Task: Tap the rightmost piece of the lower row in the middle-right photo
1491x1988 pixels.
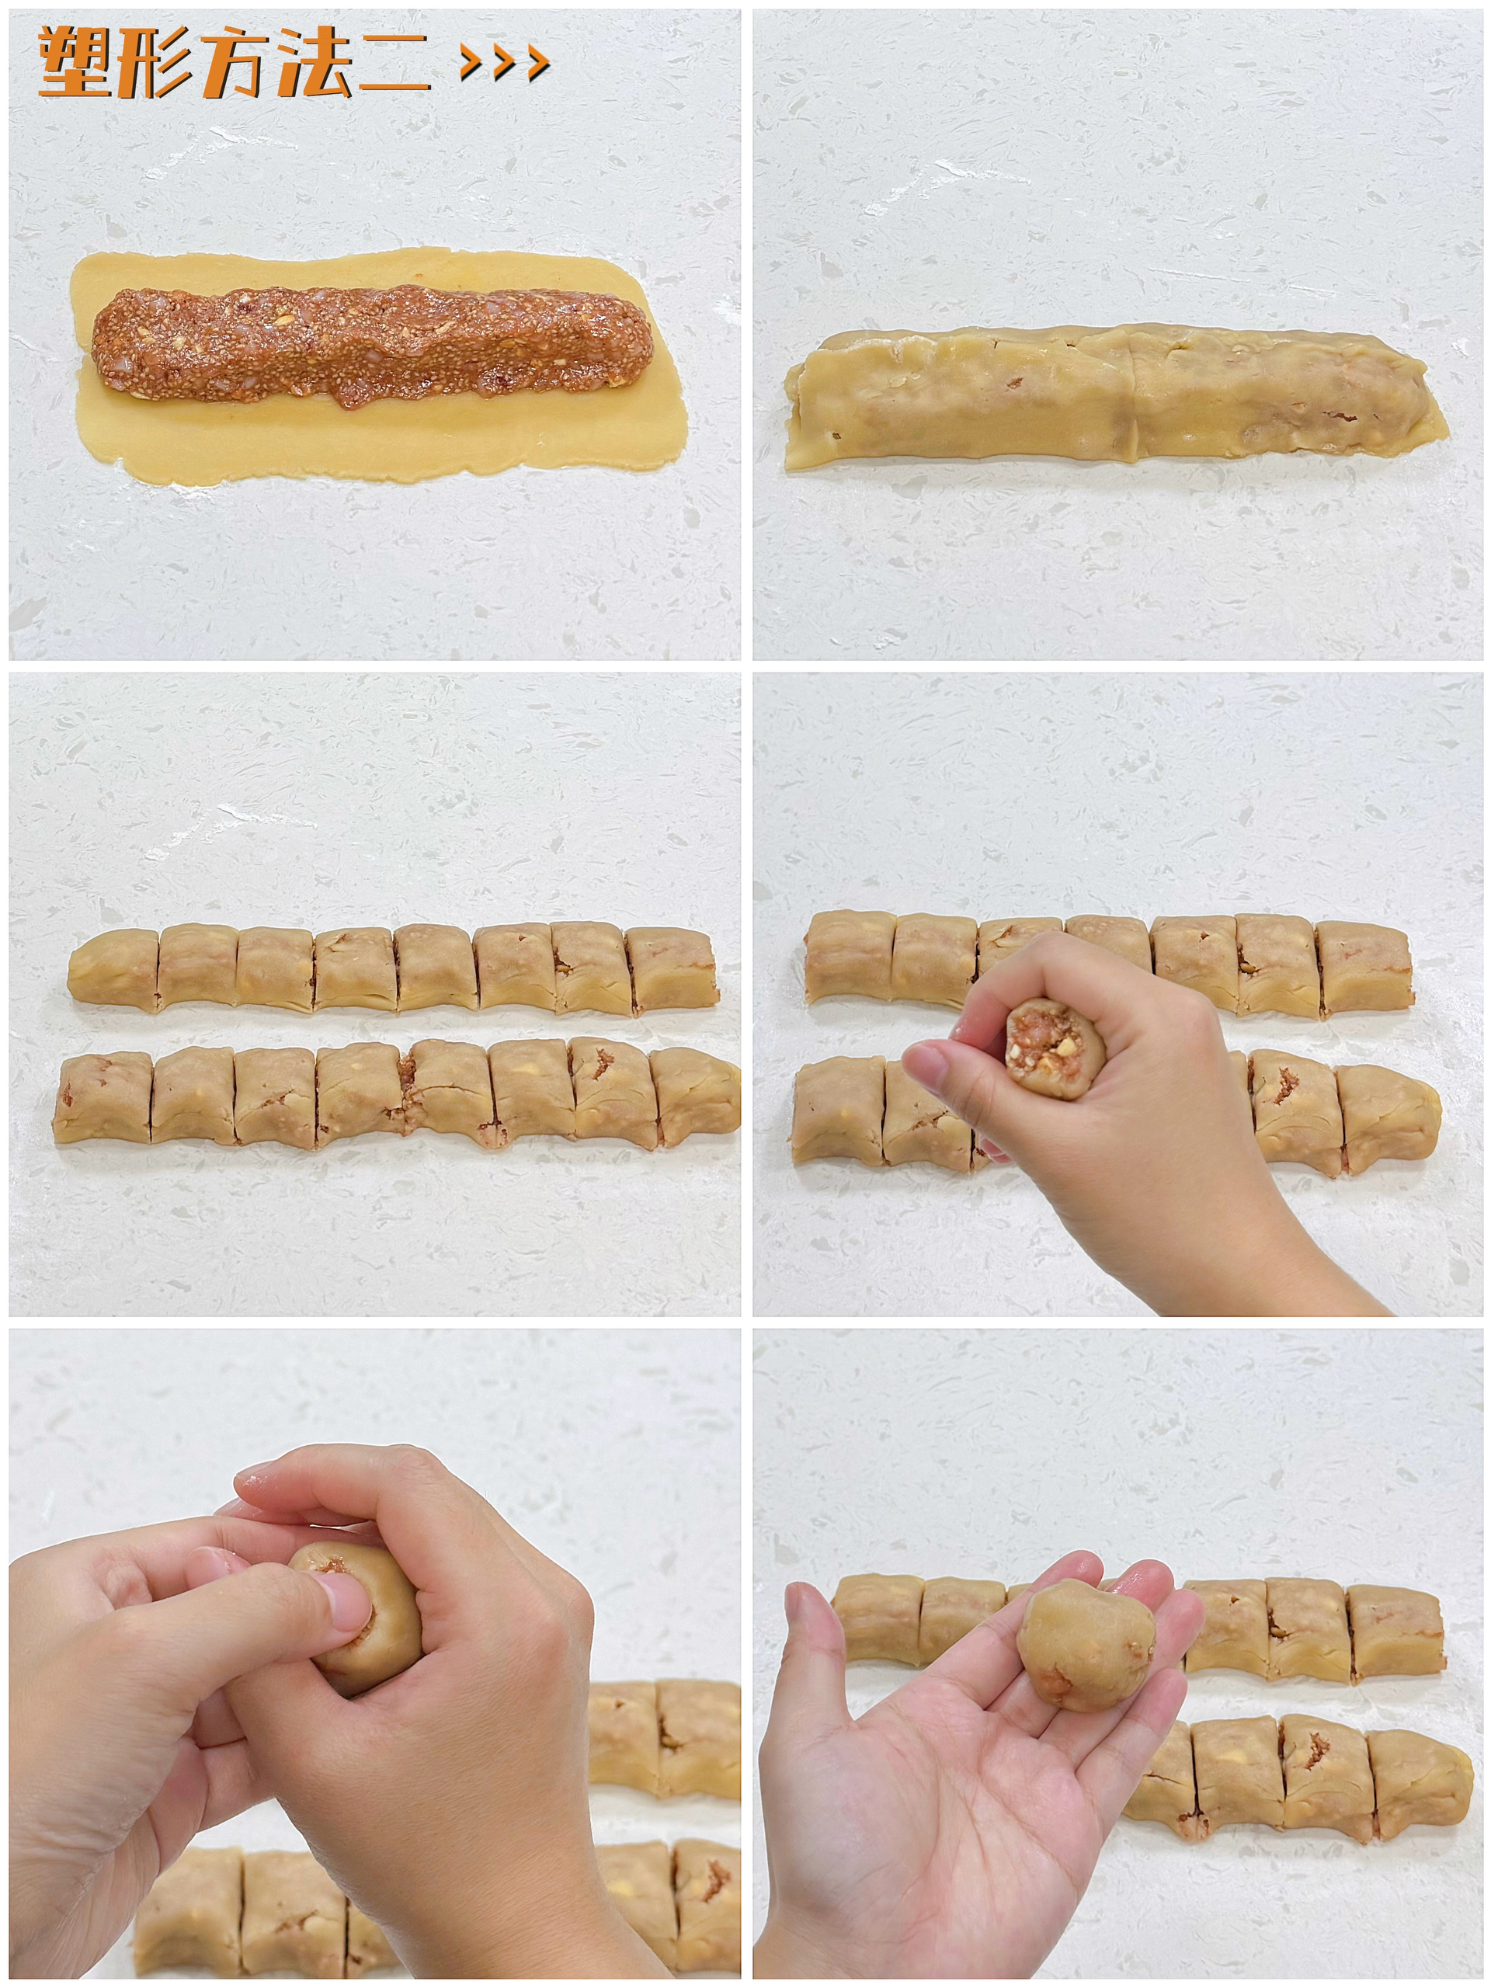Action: pyautogui.click(x=1386, y=1116)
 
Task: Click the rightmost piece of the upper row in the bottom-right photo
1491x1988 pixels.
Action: pyautogui.click(x=1395, y=1634)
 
